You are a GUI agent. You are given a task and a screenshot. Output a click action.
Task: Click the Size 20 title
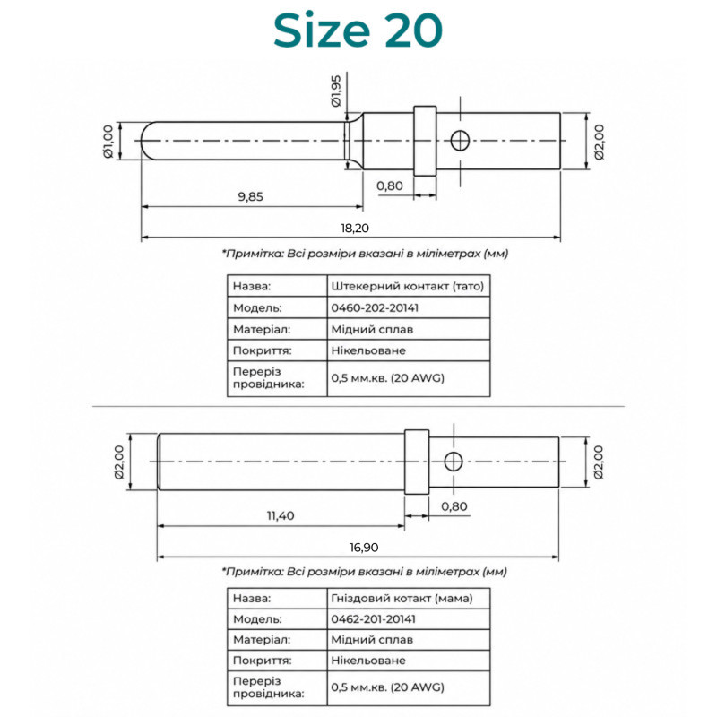(x=358, y=30)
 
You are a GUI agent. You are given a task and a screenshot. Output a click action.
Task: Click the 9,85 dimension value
(x=251, y=196)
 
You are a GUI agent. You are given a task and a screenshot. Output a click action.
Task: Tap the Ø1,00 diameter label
(x=108, y=142)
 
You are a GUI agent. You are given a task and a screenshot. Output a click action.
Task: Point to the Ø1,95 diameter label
(x=336, y=91)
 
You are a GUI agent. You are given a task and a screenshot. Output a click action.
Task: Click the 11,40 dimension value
(x=281, y=516)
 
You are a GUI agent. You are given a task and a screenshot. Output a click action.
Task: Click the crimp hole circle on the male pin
(x=460, y=141)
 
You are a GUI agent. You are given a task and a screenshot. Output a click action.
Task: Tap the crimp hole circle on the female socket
(x=454, y=462)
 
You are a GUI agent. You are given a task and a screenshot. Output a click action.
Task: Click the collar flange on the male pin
(x=425, y=141)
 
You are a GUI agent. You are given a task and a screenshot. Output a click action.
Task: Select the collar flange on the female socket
(x=417, y=462)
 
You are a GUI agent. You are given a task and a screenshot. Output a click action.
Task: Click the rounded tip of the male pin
(x=145, y=141)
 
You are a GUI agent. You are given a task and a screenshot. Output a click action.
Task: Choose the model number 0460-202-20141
(x=375, y=307)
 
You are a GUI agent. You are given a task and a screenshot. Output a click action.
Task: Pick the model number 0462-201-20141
(x=373, y=619)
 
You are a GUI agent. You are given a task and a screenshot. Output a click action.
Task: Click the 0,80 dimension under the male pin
(x=390, y=186)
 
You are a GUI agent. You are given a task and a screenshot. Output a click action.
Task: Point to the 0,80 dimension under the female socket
(x=454, y=506)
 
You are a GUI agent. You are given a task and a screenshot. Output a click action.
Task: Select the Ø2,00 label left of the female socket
(x=119, y=462)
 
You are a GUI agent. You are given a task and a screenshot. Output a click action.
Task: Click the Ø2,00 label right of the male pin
(x=599, y=142)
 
